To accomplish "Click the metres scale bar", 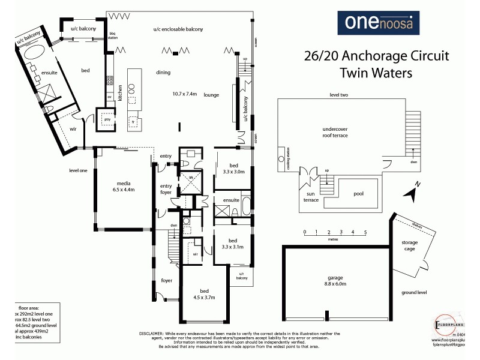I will [335, 234].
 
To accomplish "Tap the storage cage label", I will [410, 246].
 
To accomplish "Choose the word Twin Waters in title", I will [377, 73].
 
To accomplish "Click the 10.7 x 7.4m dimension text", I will [184, 94].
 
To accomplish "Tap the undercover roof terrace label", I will [335, 132].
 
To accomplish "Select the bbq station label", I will [112, 34].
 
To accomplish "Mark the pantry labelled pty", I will [108, 119].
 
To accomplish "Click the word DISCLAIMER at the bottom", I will [152, 333].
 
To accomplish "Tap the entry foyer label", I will [166, 189].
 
